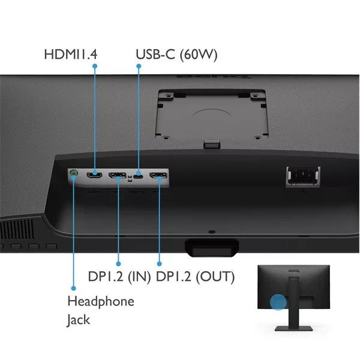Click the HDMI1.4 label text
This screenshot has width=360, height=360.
[70, 55]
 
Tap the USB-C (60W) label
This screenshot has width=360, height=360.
[176, 55]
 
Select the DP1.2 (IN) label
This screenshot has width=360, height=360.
[119, 277]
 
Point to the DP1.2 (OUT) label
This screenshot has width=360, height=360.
[195, 277]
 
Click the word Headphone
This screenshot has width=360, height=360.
[101, 301]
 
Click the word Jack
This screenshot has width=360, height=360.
[78, 320]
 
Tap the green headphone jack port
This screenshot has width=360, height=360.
[73, 172]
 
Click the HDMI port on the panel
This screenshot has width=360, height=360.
[94, 175]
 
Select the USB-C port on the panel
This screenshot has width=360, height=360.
[138, 176]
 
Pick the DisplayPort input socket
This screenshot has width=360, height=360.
[118, 175]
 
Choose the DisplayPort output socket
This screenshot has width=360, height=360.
[158, 175]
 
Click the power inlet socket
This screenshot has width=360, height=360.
[303, 176]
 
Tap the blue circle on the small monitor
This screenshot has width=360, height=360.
[278, 302]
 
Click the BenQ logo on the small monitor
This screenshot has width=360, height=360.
[293, 271]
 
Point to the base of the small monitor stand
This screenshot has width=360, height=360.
[293, 328]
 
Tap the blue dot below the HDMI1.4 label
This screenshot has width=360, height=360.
[95, 66]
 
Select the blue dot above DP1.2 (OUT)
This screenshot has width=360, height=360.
[160, 264]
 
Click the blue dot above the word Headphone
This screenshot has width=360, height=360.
[73, 288]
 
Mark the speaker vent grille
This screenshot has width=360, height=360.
[17, 229]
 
